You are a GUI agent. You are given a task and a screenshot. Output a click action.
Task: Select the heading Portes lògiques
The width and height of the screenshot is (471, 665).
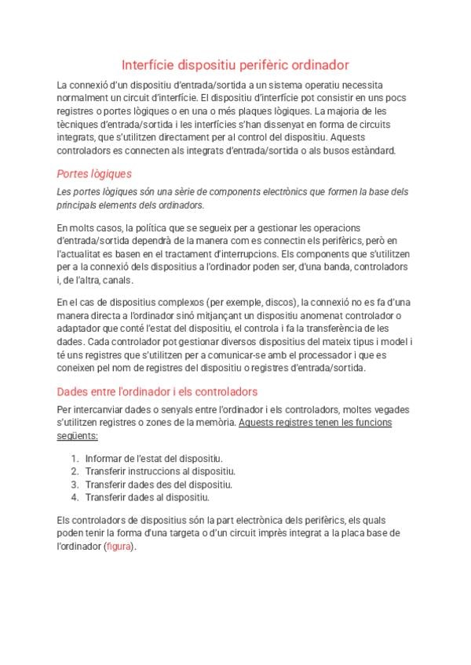click(x=94, y=173)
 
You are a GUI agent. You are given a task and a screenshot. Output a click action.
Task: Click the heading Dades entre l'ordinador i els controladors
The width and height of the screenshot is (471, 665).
click(x=158, y=391)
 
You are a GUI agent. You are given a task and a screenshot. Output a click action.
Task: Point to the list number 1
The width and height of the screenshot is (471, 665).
click(x=74, y=458)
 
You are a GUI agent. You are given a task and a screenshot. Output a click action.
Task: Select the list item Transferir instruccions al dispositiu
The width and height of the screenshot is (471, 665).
click(x=160, y=471)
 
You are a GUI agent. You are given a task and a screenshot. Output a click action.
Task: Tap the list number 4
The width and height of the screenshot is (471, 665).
click(x=74, y=497)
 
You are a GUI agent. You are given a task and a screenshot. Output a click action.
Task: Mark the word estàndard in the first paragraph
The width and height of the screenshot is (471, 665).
click(x=369, y=151)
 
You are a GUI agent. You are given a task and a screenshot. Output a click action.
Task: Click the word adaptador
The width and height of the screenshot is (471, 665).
click(x=81, y=329)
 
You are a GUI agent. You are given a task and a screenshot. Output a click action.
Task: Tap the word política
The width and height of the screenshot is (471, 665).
click(x=145, y=227)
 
